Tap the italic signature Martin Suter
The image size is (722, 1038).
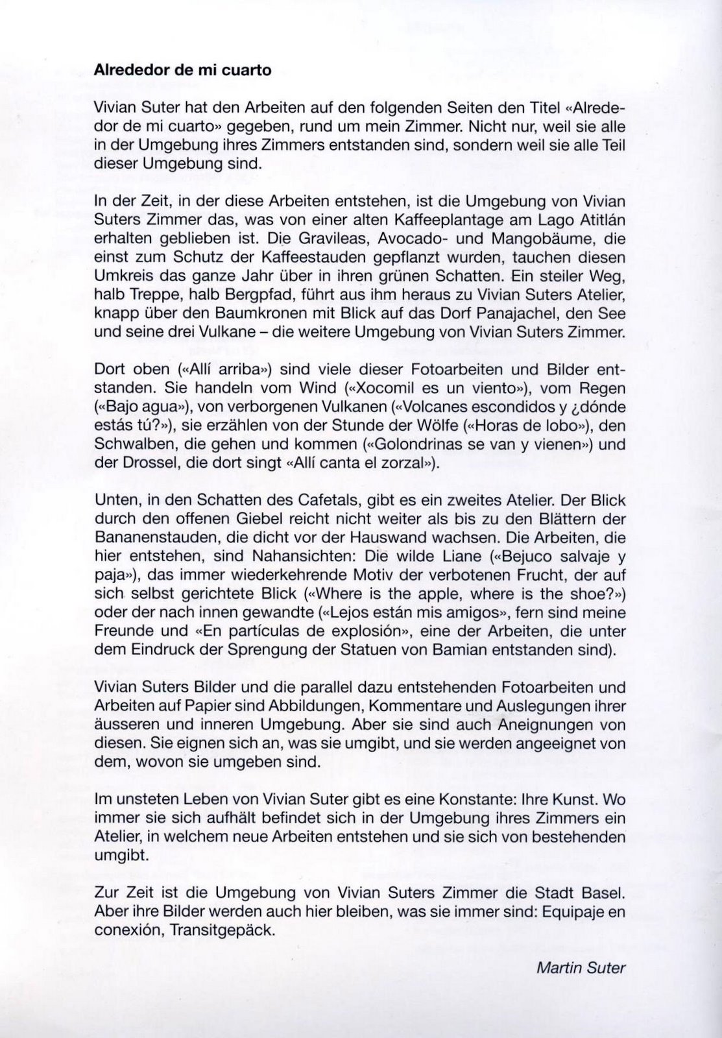(581, 969)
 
